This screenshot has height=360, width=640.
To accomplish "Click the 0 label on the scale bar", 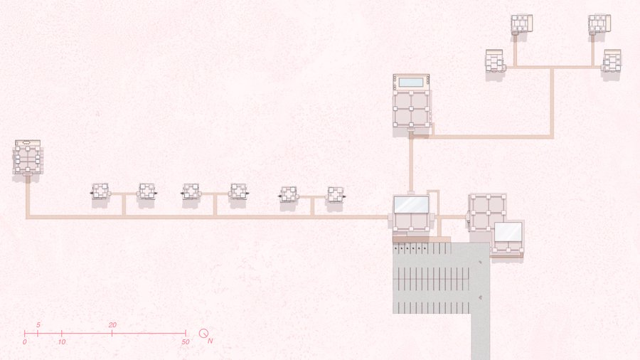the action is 24,342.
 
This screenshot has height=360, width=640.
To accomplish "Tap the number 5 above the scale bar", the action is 38,325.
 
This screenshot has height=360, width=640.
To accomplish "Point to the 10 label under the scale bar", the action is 62,342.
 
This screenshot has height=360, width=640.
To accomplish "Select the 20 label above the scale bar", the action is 112,325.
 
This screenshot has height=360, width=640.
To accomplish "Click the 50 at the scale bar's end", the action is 186,342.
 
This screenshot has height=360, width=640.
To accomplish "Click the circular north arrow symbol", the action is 203,333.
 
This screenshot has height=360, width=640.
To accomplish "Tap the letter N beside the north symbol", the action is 210,341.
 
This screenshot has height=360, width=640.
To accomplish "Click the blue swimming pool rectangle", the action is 411,83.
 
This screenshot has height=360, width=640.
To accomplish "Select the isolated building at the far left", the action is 28,157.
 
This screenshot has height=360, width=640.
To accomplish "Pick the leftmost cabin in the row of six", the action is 100,191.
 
